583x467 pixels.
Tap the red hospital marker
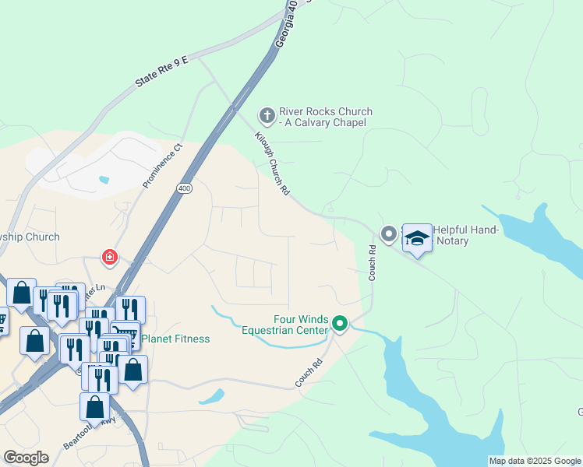coord(110,256)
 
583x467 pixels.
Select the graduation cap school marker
coord(417,237)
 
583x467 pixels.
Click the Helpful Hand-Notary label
coord(462,235)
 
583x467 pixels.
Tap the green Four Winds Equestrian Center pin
coord(339,322)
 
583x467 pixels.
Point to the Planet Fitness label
coord(176,339)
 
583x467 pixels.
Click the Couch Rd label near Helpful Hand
coord(373,263)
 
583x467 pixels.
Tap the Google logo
coord(26,457)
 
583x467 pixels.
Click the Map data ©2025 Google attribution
coord(535,461)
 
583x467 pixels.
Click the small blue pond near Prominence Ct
coord(104,180)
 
